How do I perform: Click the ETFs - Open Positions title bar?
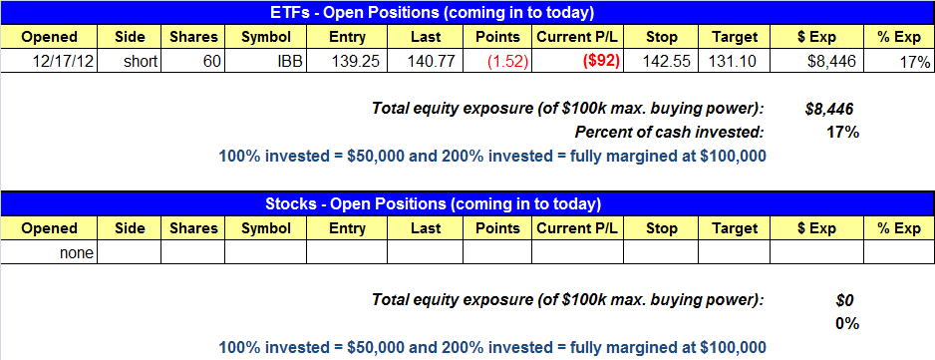(467, 12)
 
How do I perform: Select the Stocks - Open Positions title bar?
(467, 203)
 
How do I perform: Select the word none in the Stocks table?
(77, 253)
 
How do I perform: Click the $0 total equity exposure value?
(846, 301)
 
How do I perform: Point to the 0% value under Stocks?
(846, 323)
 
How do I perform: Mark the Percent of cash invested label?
(669, 132)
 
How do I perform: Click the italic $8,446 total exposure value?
(828, 109)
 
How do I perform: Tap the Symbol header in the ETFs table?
(266, 37)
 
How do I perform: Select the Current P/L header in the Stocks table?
(577, 228)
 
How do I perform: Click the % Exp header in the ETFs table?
(899, 37)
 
